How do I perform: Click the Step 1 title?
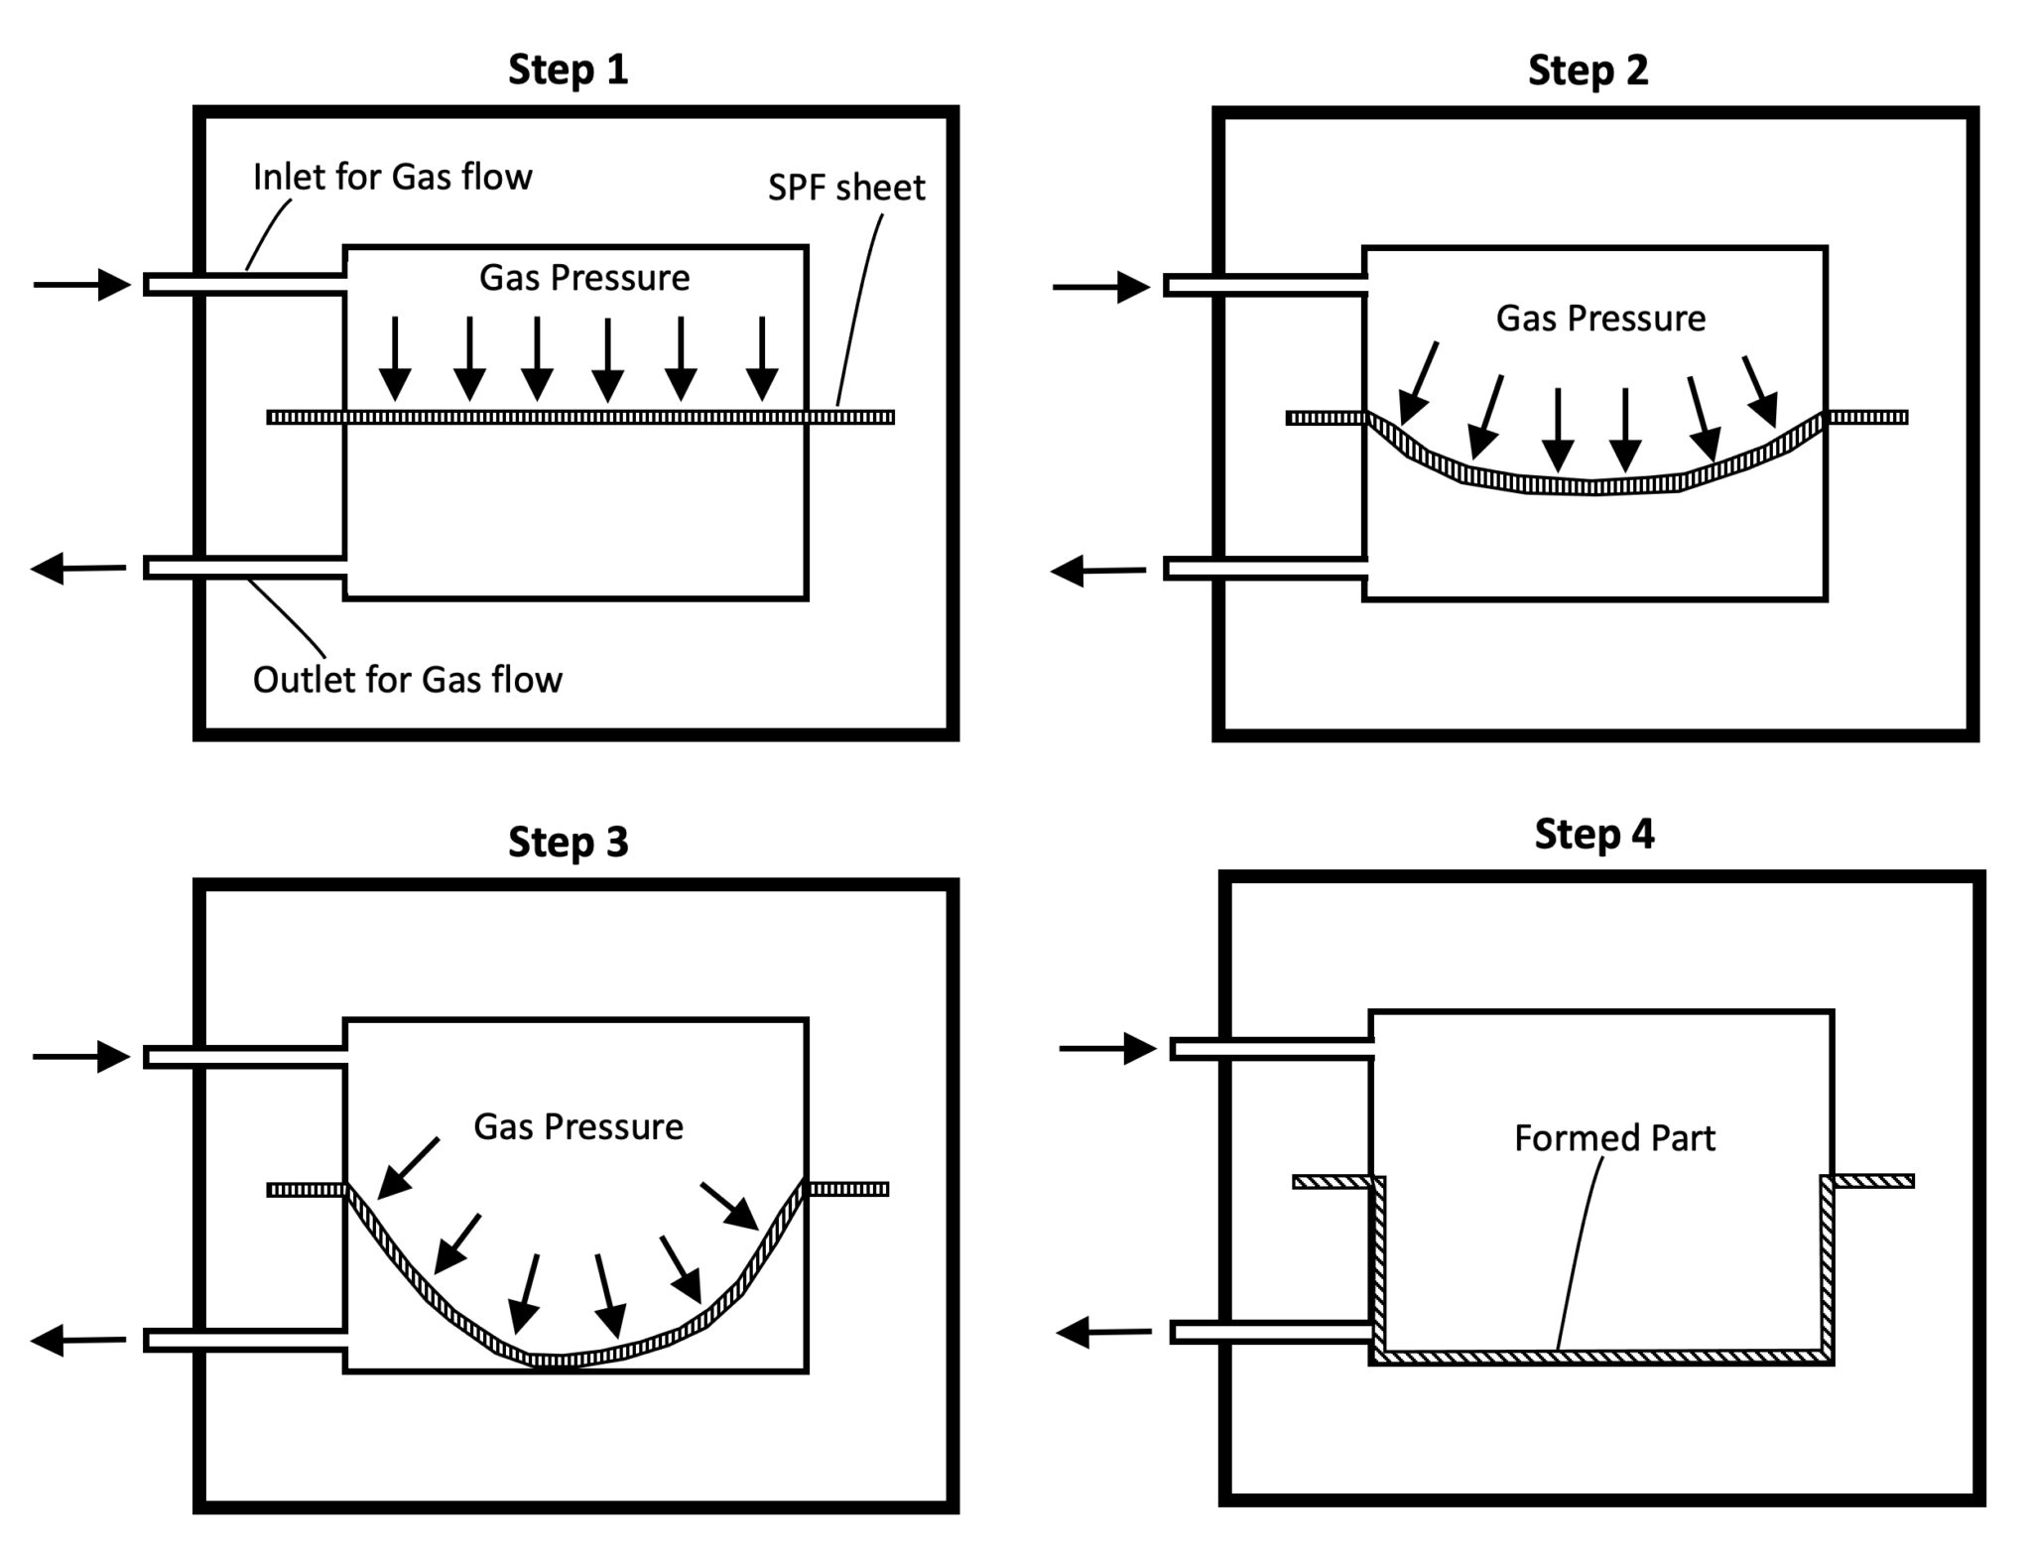click(568, 70)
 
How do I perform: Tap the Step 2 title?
click(1587, 70)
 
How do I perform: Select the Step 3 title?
click(568, 842)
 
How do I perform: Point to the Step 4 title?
click(1593, 834)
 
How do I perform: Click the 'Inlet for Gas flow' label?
click(392, 178)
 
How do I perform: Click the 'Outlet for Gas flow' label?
click(407, 680)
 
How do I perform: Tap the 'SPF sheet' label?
click(846, 188)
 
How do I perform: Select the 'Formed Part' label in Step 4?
click(1614, 1137)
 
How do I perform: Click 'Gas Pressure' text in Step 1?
click(584, 278)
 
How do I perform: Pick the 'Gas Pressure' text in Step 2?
click(1600, 319)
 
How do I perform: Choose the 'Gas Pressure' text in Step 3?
click(578, 1127)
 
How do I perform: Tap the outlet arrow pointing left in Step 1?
click(79, 569)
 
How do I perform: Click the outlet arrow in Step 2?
click(1098, 571)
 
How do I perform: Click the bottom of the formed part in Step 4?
click(1601, 1357)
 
